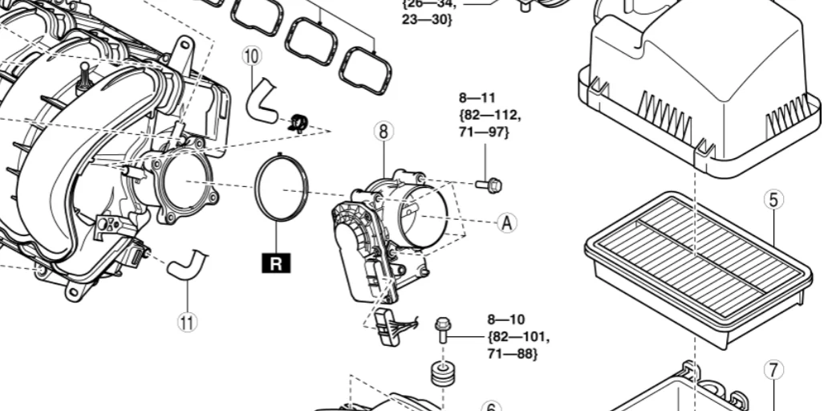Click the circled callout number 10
pos(252,55)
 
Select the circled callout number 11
pos(186,322)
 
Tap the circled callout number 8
pos(384,132)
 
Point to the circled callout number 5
pos(773,199)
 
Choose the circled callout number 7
pos(773,370)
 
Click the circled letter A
pos(506,222)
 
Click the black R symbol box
pos(275,262)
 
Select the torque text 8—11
pos(477,98)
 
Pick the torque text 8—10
pos(506,319)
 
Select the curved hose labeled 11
pos(187,264)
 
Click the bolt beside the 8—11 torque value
pos(489,185)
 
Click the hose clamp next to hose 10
pos(298,122)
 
